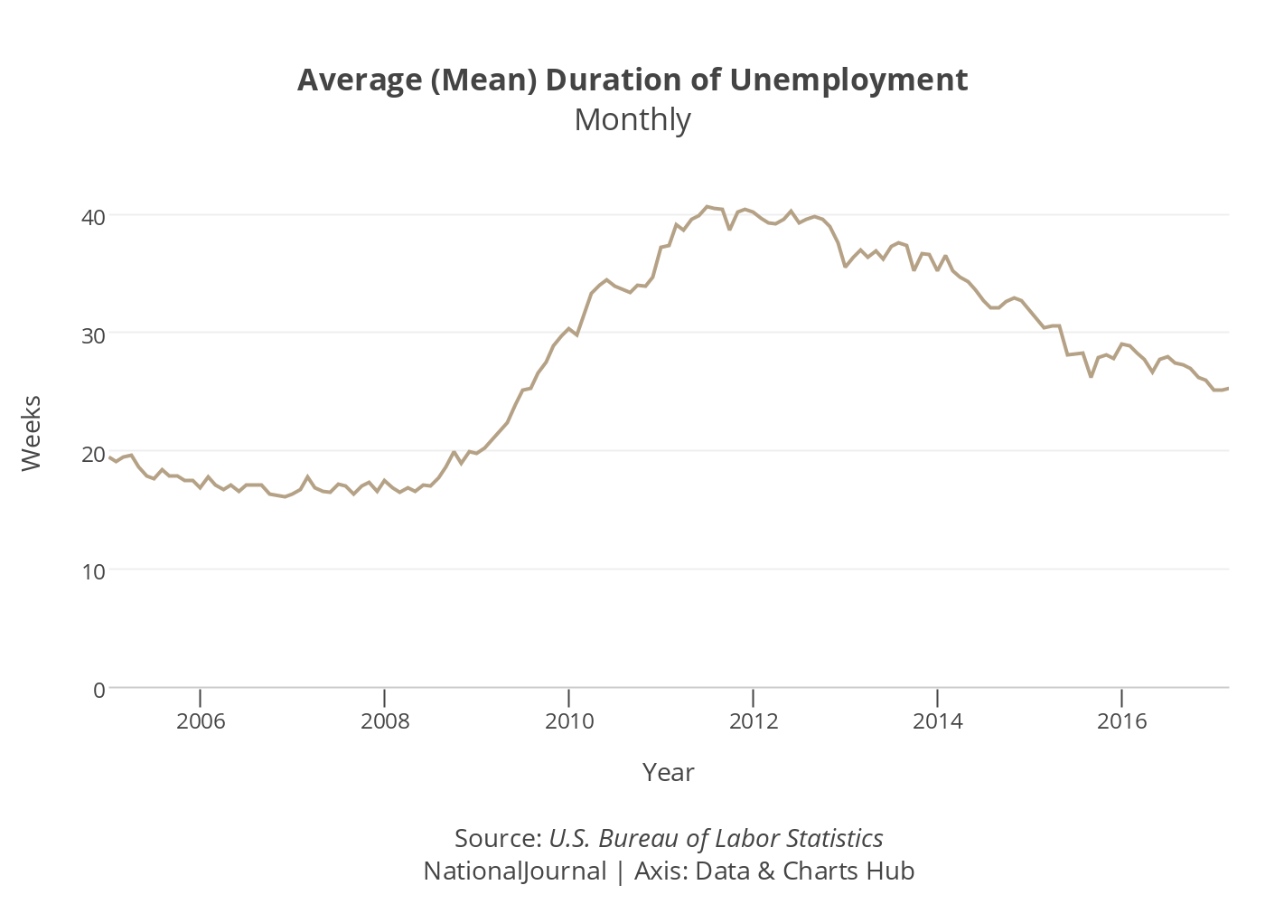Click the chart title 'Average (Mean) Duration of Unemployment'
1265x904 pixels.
632,80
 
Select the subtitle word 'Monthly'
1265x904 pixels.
632,119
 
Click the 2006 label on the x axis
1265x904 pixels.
201,720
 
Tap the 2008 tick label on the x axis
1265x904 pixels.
385,720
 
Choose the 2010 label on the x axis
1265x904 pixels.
569,720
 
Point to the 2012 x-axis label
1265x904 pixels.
754,720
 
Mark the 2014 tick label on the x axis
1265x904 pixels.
938,720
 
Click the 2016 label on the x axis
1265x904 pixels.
1121,720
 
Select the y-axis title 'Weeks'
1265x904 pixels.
32,432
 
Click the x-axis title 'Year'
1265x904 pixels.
669,772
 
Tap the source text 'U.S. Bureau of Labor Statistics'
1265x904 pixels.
716,838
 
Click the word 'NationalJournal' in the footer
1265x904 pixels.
515,871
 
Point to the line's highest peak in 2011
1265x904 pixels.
707,206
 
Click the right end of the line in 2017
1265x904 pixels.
1228,388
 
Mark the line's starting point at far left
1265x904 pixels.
109,457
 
